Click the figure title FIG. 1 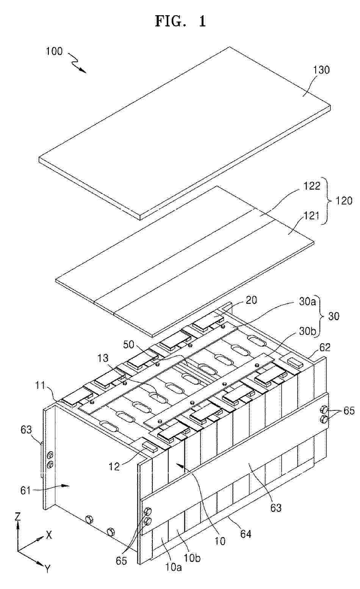tap(180, 21)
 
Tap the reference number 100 tap(55, 51)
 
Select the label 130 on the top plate tap(321, 70)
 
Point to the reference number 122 tap(312, 186)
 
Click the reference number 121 tap(311, 216)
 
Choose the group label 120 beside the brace tap(344, 201)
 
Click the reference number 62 tap(324, 347)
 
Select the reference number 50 tap(129, 344)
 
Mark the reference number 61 tap(25, 490)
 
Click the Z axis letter tap(17, 517)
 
